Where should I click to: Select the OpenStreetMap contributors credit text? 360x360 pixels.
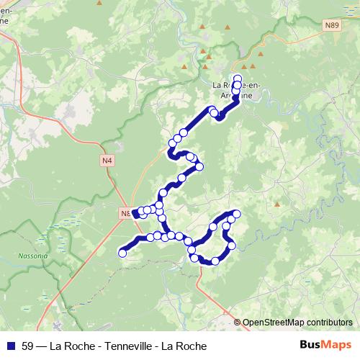(x=297, y=323)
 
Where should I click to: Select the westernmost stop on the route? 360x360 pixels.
(x=122, y=253)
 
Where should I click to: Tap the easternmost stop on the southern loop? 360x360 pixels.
(x=235, y=215)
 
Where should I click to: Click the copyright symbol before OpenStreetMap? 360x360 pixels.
(x=237, y=323)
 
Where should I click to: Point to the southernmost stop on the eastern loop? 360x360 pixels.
(x=215, y=261)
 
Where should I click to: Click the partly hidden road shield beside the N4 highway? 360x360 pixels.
(x=124, y=213)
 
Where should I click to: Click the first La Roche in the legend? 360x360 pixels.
(x=67, y=346)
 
